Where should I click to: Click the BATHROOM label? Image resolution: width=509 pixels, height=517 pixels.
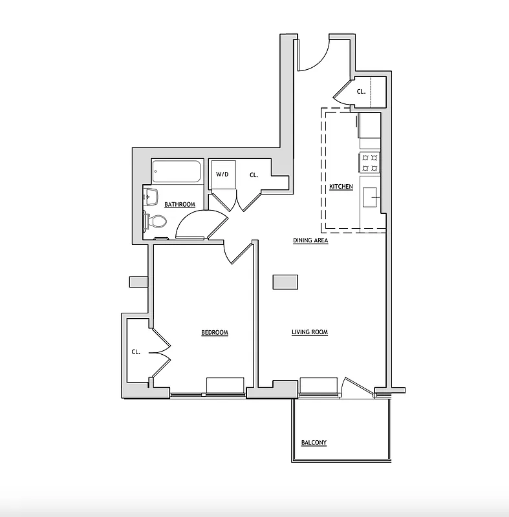[x=179, y=204]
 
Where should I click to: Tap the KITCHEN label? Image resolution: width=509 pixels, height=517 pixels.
[x=341, y=187]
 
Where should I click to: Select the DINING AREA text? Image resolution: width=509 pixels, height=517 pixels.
[x=310, y=240]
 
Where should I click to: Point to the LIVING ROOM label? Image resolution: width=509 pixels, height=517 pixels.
[x=309, y=332]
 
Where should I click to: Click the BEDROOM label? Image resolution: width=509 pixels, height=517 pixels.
[x=214, y=332]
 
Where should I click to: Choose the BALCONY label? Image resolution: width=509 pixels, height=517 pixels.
[x=314, y=443]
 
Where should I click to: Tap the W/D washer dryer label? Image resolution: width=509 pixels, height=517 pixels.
[x=222, y=174]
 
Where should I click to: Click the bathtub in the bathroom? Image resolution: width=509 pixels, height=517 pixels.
[x=177, y=173]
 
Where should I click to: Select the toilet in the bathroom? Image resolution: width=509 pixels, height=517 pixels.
[x=156, y=222]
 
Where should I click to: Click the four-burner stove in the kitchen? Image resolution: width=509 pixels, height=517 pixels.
[x=370, y=162]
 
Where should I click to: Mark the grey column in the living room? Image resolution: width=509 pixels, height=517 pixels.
[x=285, y=282]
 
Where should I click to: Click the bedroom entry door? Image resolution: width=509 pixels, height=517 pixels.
[x=240, y=253]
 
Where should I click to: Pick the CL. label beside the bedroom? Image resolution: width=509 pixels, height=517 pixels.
[x=136, y=352]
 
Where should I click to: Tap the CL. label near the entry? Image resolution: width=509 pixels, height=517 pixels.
[x=361, y=91]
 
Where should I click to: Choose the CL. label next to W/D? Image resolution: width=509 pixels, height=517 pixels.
[x=254, y=174]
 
